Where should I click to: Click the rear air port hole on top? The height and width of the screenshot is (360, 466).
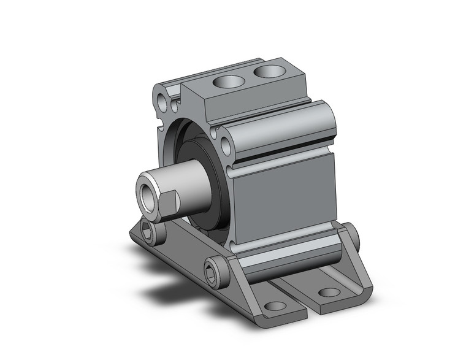[269, 72]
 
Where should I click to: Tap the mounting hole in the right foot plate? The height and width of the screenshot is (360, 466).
[329, 292]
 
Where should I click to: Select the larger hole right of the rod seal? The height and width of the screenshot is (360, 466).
[226, 146]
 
